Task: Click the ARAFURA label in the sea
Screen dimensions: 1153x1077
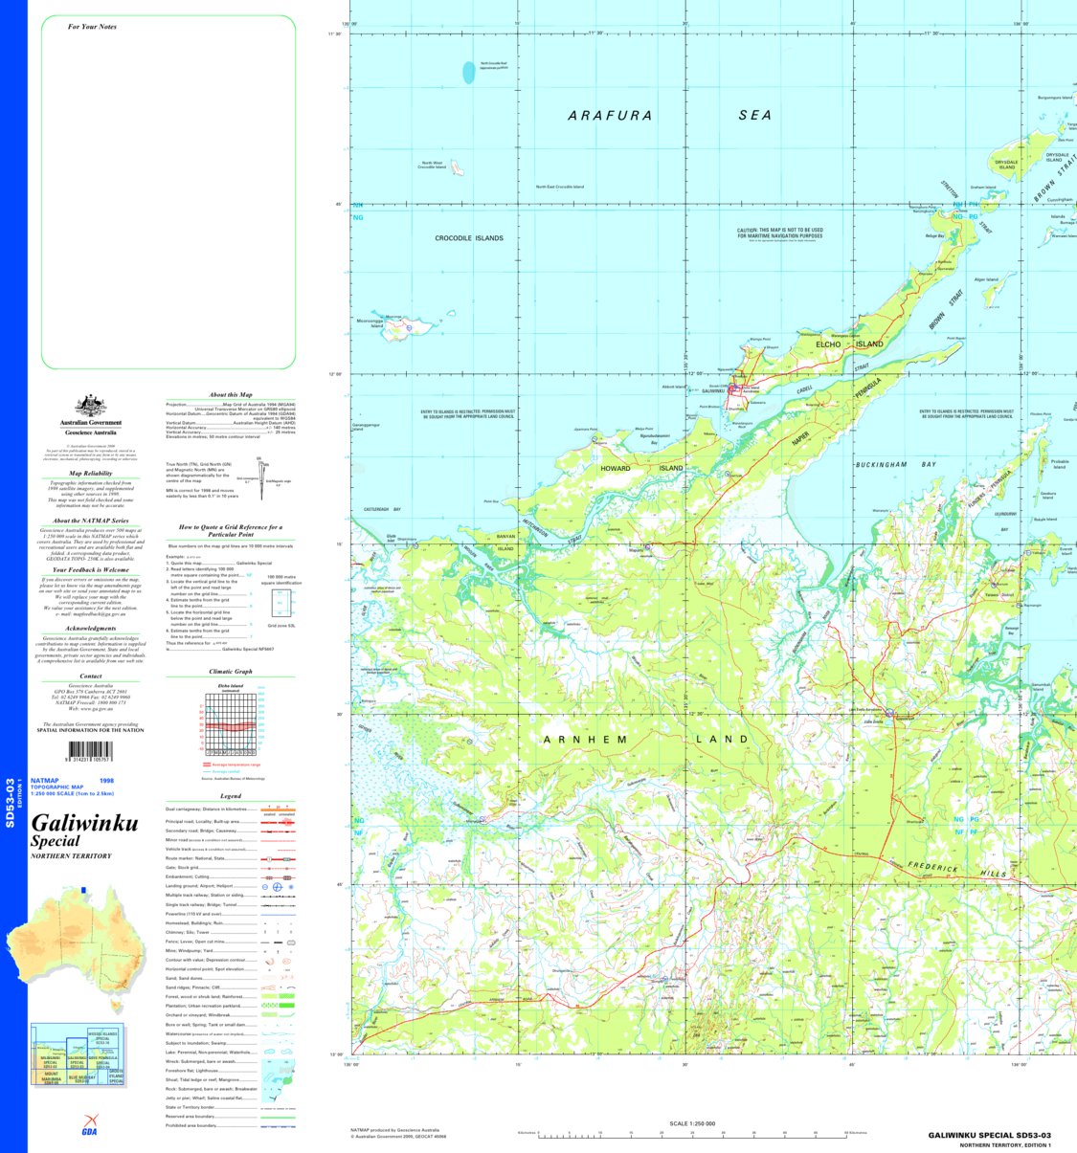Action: point(610,116)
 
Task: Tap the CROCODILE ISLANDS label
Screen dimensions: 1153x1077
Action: point(469,238)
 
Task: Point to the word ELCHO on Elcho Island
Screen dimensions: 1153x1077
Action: point(828,344)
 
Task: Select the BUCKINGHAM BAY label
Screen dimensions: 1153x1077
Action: point(895,465)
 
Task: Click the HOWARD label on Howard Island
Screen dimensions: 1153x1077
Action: point(616,469)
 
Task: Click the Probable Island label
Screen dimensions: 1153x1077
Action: point(1059,464)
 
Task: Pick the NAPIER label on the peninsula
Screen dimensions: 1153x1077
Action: point(800,437)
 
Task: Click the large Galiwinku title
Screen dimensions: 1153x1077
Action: point(84,823)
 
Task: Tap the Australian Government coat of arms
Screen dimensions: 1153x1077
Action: point(91,406)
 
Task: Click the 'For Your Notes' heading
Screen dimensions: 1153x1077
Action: point(92,27)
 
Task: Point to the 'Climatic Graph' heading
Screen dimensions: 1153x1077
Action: point(231,672)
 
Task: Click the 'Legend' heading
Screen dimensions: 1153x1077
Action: point(231,796)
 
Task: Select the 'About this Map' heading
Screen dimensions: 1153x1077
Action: point(231,394)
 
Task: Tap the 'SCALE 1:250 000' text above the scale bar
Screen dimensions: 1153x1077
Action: point(691,1123)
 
